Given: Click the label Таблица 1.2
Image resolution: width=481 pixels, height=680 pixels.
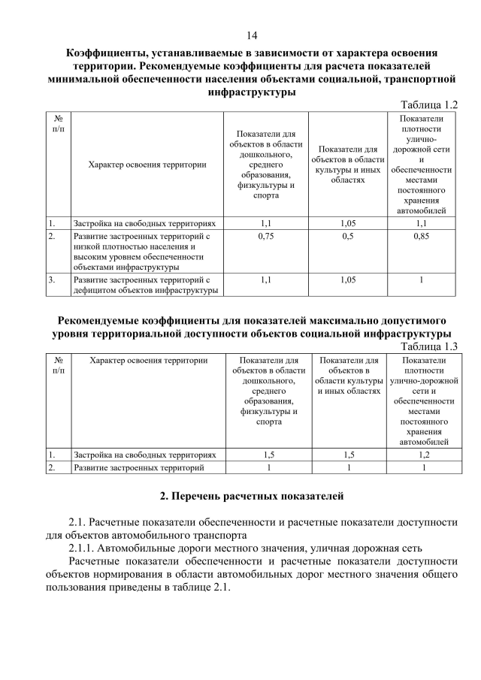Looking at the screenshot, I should click(x=430, y=105).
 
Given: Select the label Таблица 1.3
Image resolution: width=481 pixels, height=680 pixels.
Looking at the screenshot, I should click(x=430, y=346).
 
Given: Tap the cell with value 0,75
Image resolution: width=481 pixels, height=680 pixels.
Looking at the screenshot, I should click(x=265, y=237).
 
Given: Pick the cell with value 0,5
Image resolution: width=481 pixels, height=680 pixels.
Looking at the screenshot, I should click(x=348, y=237).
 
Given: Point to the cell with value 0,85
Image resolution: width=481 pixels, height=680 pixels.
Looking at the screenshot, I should click(x=422, y=237).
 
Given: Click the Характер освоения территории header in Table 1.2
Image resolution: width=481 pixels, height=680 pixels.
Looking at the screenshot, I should click(x=147, y=165).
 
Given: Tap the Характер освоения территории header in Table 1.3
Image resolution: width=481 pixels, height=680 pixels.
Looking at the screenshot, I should click(x=148, y=361).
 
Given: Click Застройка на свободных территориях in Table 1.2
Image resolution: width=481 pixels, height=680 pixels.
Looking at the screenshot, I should click(x=144, y=223).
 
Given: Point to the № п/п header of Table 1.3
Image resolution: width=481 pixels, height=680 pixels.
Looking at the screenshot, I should click(x=59, y=366).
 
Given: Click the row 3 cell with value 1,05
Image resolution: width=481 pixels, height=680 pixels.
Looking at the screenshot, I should click(x=348, y=280).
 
